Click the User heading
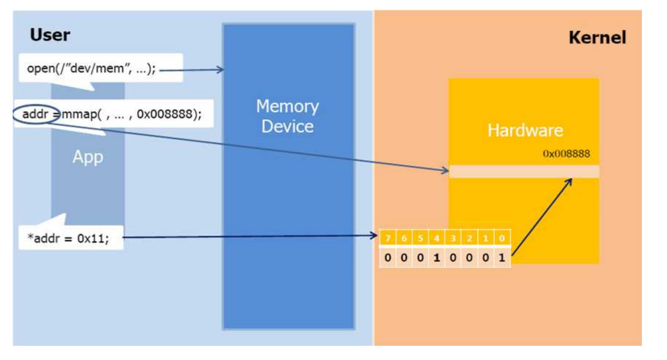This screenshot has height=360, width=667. [50, 35]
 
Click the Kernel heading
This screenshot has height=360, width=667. [597, 37]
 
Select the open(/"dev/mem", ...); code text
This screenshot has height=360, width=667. [91, 68]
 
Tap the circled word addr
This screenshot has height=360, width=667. [35, 114]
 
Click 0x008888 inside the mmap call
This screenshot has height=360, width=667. [164, 114]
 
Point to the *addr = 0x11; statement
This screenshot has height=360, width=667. [68, 238]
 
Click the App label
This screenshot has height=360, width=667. [88, 157]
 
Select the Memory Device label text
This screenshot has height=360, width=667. [287, 116]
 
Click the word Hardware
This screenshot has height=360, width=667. [525, 130]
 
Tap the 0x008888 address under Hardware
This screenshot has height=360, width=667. [566, 154]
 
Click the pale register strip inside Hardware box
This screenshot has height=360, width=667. [524, 171]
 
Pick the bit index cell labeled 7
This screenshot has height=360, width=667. [388, 238]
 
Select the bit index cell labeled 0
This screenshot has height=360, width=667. [502, 238]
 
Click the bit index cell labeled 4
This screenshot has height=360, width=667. [436, 238]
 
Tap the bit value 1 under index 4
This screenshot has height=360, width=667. [436, 258]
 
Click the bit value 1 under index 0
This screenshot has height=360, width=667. [502, 258]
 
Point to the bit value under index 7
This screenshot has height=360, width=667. [388, 258]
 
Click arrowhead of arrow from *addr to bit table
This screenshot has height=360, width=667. [374, 236]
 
